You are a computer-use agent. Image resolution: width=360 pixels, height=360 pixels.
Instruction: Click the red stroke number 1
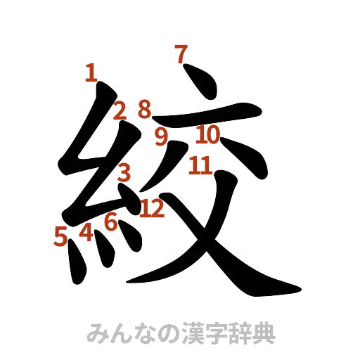pyautogui.click(x=91, y=72)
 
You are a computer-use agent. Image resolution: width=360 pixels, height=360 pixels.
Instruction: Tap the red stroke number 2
pyautogui.click(x=120, y=110)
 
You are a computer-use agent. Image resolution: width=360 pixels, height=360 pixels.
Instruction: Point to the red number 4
pyautogui.click(x=86, y=231)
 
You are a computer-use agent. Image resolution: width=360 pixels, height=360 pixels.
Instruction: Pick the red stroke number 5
pyautogui.click(x=61, y=237)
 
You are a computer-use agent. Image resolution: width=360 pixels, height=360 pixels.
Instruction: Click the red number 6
pyautogui.click(x=110, y=223)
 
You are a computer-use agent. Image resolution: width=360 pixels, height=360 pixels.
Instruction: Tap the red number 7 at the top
pyautogui.click(x=181, y=53)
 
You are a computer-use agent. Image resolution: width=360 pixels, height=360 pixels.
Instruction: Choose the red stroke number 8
pyautogui.click(x=144, y=109)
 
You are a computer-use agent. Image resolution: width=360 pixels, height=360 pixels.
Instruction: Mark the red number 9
pyautogui.click(x=162, y=136)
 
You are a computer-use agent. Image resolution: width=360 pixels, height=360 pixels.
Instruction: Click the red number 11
pyautogui.click(x=200, y=166)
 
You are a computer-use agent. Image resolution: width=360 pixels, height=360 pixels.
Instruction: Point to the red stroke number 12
pyautogui.click(x=152, y=207)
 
